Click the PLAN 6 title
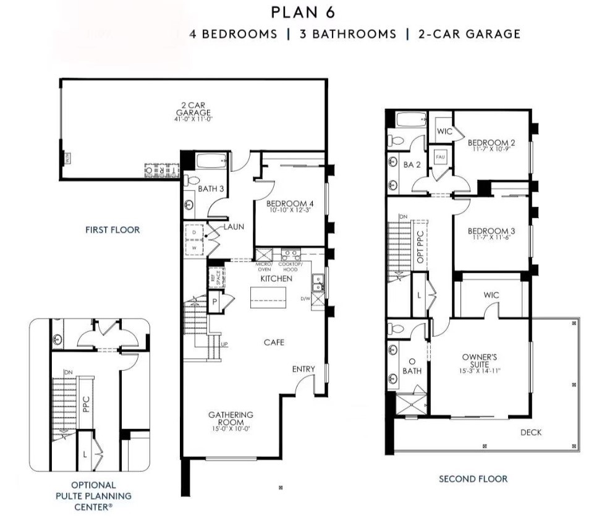click(x=303, y=13)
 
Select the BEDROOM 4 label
click(x=289, y=203)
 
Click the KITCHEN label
click(x=276, y=279)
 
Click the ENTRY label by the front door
click(x=303, y=369)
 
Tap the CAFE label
click(x=274, y=342)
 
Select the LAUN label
click(x=234, y=227)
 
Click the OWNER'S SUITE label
click(x=480, y=361)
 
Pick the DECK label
click(x=530, y=432)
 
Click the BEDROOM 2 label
click(x=491, y=143)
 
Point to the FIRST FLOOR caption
click(x=112, y=229)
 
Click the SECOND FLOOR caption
click(x=473, y=478)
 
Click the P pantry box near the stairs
click(x=214, y=303)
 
